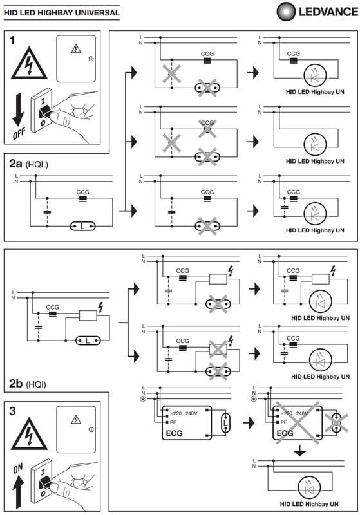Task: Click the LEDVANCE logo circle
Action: pos(287,12)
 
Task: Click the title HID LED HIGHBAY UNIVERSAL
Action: pos(62,13)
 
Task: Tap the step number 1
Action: pos(12,41)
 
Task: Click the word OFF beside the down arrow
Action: pos(19,133)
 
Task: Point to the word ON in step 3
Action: pos(18,469)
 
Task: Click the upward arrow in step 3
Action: pos(19,492)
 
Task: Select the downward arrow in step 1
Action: pos(19,109)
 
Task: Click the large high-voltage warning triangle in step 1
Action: pos(29,63)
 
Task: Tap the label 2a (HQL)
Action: pos(28,164)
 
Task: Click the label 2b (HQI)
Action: pos(28,384)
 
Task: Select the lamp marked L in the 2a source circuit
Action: pos(83,226)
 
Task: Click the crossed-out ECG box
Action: pos(298,423)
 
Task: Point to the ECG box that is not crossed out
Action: pos(187,423)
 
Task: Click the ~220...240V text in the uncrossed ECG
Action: pos(184,413)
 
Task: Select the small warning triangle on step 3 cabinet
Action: pos(76,420)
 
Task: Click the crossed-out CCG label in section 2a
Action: pos(207,123)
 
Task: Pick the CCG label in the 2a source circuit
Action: pos(83,192)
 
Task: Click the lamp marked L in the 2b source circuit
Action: pos(88,341)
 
